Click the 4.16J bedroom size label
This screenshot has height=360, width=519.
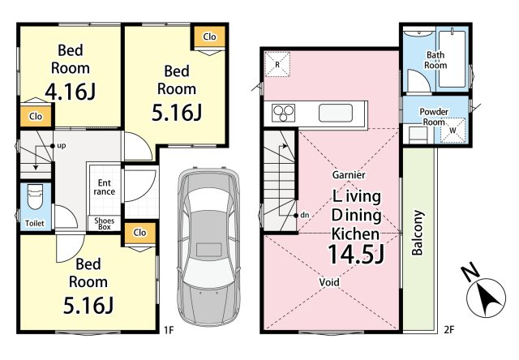click(x=71, y=92)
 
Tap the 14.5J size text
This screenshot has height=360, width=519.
click(x=356, y=254)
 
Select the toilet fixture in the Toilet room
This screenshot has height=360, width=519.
click(x=35, y=196)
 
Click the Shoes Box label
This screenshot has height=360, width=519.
click(x=105, y=224)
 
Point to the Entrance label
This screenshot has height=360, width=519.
click(x=105, y=187)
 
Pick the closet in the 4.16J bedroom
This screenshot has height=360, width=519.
click(x=36, y=117)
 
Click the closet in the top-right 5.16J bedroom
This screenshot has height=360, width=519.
click(x=209, y=36)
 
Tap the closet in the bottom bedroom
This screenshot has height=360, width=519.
click(x=139, y=233)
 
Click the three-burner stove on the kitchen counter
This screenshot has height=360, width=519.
click(x=283, y=114)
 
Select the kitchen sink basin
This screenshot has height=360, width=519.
click(x=335, y=114)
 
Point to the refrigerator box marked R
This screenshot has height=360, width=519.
click(x=277, y=65)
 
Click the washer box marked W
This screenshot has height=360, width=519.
click(x=453, y=131)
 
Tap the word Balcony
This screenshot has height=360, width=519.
click(x=418, y=233)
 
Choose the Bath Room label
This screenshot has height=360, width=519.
click(x=435, y=60)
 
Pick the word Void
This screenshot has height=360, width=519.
click(x=329, y=282)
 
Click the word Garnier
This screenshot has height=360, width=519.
click(x=349, y=174)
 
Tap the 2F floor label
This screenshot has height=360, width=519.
click(x=449, y=330)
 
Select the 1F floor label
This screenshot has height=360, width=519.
click(x=169, y=330)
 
